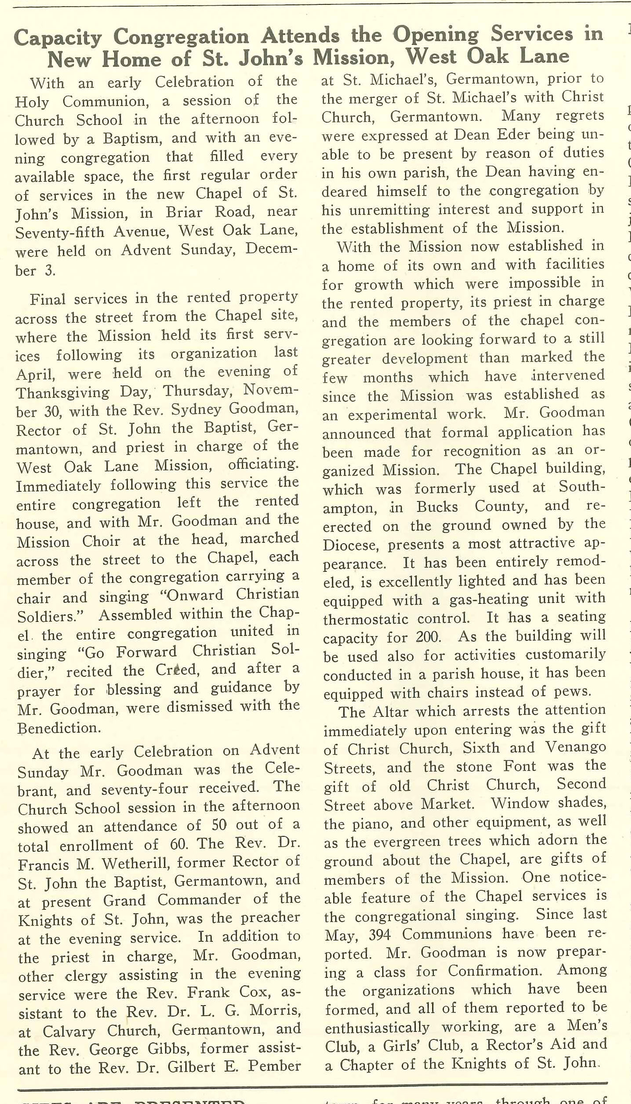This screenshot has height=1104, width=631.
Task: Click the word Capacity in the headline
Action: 58,39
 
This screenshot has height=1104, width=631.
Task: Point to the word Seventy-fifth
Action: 60,232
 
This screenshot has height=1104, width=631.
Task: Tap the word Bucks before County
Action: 437,507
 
